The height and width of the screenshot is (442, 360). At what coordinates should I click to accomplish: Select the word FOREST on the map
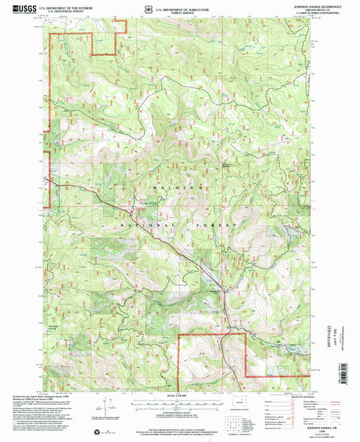click(x=217, y=224)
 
